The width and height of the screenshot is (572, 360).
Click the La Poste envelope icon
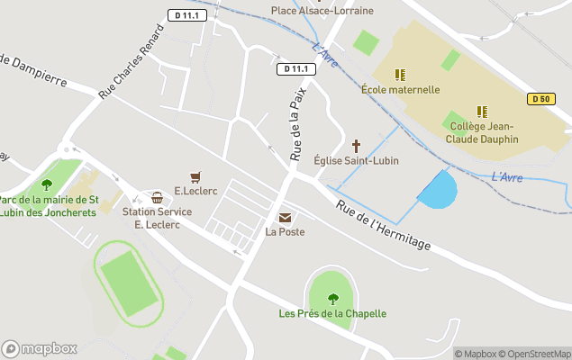[x=285, y=217]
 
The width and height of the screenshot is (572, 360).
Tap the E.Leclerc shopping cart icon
[x=195, y=176]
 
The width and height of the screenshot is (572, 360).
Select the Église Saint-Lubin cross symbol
[x=356, y=145]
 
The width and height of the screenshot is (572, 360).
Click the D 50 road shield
[x=540, y=99]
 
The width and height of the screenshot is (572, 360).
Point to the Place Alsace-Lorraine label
[x=322, y=11]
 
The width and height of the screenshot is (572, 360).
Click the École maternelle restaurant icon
[x=400, y=75]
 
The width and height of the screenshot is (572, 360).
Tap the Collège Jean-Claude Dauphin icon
[x=482, y=112]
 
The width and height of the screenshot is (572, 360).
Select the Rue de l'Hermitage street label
[x=384, y=225]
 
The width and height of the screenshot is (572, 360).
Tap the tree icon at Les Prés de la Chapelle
[x=332, y=299]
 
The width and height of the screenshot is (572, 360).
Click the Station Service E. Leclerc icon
[x=157, y=197]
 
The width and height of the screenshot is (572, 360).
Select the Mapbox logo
[x=40, y=348]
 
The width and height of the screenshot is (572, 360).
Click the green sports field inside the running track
[x=128, y=283]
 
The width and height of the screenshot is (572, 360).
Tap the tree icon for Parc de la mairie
[x=46, y=184]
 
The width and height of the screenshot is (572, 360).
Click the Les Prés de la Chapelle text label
[x=332, y=313]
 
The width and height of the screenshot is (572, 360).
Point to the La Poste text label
[x=285, y=232]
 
